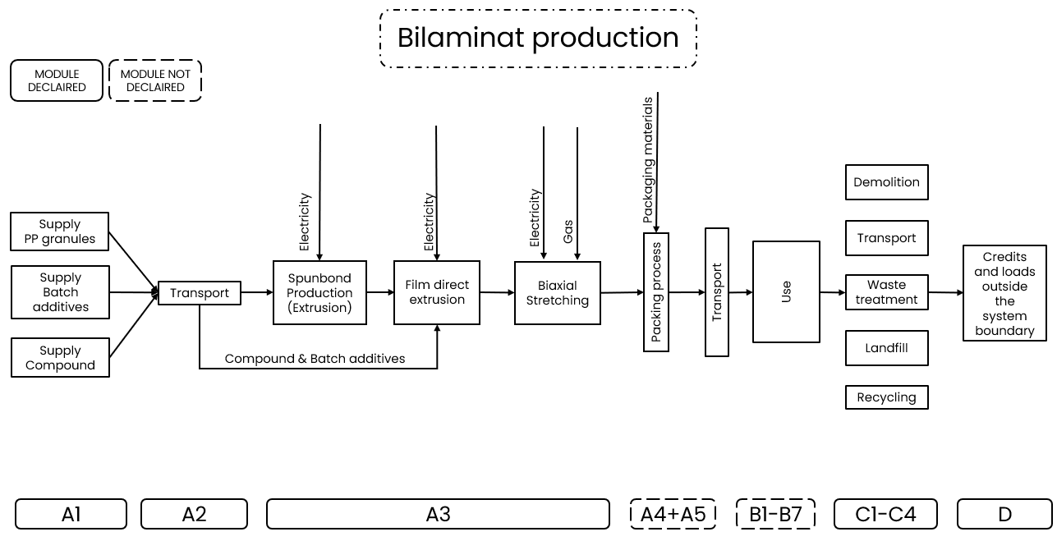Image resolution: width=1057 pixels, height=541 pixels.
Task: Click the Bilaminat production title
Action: coord(538,38)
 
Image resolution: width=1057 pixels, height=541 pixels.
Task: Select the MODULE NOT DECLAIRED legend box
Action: coord(155,80)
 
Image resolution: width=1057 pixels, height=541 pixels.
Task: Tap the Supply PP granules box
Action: coord(60,232)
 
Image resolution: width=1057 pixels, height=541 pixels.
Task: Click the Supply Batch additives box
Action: coord(60,292)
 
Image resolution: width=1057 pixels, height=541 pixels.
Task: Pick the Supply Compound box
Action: coord(60,358)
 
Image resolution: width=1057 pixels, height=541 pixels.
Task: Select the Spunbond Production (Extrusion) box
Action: coord(319,293)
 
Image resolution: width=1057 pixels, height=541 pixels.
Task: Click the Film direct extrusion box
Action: coord(437,292)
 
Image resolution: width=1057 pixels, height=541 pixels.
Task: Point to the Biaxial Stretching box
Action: coord(558,293)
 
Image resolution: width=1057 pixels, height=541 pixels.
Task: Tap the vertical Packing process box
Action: coord(656,292)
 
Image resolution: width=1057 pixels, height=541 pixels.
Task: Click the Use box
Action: coord(786,291)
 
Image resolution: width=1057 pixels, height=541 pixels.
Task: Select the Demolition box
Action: coord(886,182)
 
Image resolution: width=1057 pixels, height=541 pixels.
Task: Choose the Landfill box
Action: coord(886,348)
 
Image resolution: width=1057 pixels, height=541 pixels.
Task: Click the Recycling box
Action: coord(886,397)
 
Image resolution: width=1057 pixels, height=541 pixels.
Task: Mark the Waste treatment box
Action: coord(886,292)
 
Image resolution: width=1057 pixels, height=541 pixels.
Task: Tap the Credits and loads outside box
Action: coord(1004,293)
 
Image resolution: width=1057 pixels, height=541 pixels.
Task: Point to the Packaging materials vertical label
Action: coord(648,160)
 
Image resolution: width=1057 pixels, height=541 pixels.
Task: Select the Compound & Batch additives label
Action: coord(315,359)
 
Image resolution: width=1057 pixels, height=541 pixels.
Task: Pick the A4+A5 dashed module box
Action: coord(673,514)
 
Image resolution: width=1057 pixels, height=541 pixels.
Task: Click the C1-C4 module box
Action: coord(885,514)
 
